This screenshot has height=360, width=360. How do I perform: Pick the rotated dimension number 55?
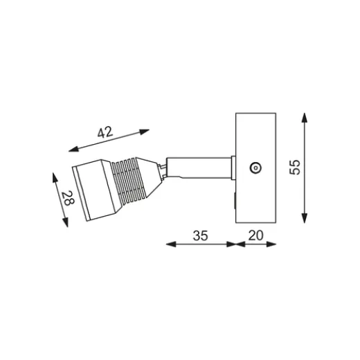tap(295, 168)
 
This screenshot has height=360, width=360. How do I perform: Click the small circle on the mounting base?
tap(254, 166)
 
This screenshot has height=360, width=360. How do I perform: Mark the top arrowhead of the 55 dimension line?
tap(305, 116)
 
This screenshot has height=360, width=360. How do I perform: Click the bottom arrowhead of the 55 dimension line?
tap(305, 220)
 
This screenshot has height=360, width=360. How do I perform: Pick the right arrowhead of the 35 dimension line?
tap(232, 244)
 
